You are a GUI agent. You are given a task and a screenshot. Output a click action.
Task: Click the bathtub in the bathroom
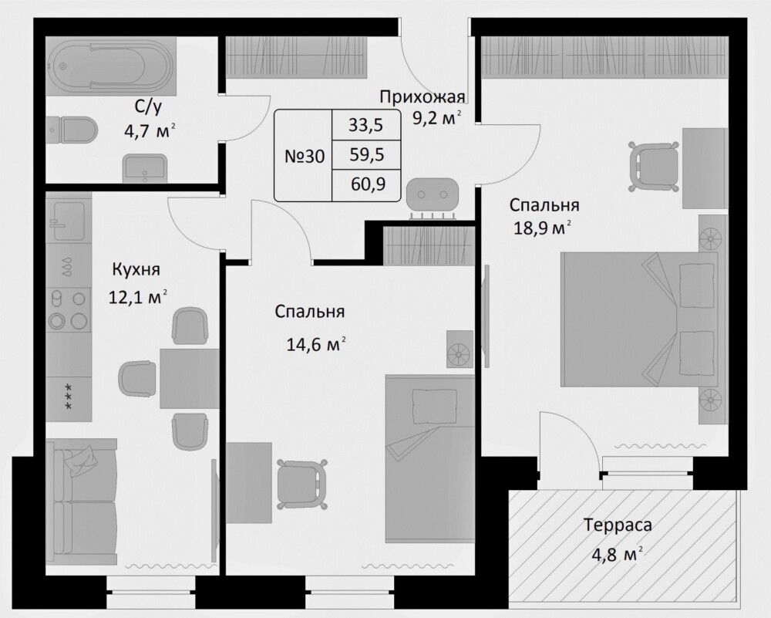click(111, 67)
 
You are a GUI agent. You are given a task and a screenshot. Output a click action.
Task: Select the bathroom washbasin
click(145, 167)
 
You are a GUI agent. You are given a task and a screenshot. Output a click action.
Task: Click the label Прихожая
click(422, 97)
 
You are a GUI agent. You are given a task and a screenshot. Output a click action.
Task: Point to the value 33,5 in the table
click(365, 125)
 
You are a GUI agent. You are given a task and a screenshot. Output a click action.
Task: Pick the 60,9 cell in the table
click(368, 184)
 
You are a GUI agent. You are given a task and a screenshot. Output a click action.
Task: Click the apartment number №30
click(305, 157)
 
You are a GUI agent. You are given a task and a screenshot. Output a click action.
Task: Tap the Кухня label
click(136, 269)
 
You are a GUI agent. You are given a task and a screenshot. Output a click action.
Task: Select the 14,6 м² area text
click(315, 344)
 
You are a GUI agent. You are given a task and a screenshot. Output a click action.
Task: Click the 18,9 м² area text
click(543, 228)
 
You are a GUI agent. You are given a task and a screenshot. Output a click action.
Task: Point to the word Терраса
click(618, 525)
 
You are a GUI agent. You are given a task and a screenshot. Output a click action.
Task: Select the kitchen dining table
click(190, 378)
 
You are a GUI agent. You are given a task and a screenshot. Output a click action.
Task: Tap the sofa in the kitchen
click(82, 501)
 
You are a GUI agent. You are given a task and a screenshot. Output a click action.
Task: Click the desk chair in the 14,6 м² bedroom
click(302, 485)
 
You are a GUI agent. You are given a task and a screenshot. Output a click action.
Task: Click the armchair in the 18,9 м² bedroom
click(655, 167)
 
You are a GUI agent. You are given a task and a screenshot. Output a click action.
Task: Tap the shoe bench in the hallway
click(432, 198)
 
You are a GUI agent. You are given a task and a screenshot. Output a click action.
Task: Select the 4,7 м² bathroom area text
click(150, 132)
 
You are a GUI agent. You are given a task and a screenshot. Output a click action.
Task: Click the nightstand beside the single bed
click(460, 349)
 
